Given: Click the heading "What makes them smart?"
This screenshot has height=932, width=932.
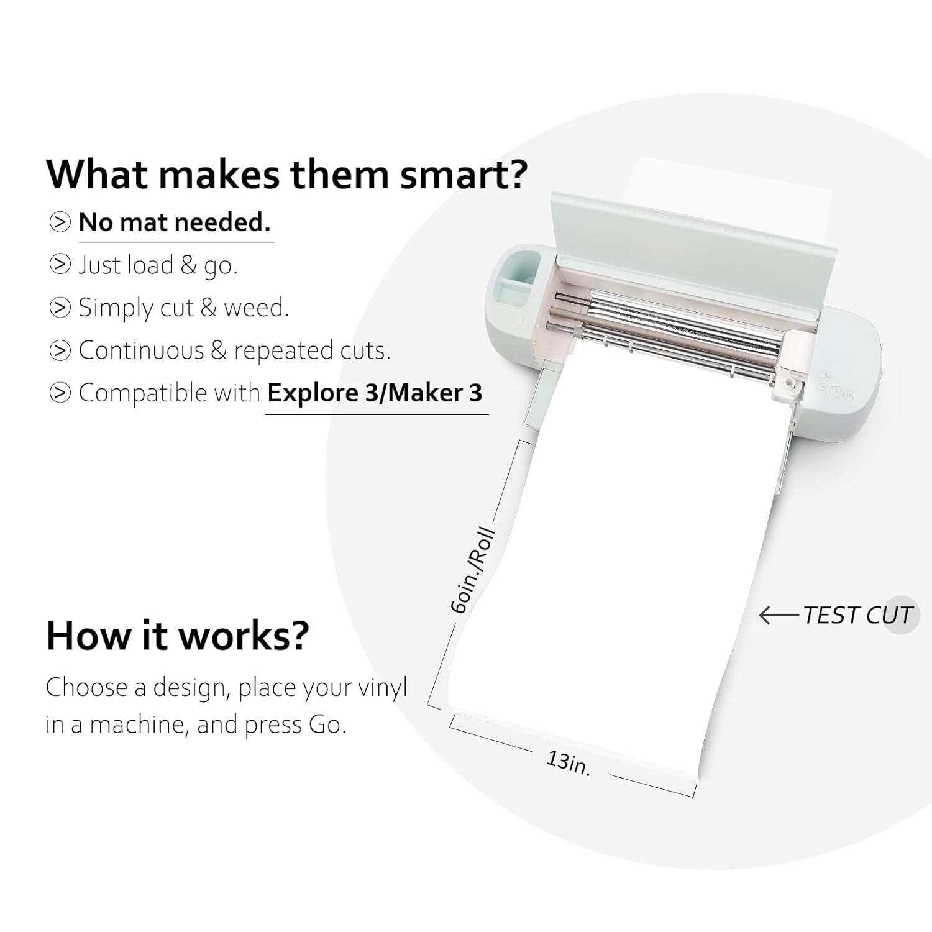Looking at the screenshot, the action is tap(287, 175).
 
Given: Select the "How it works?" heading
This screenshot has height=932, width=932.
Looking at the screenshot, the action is tap(178, 636).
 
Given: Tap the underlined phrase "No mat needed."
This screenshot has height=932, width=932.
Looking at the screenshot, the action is tap(175, 222).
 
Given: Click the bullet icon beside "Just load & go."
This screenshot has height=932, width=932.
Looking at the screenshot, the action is tap(60, 265).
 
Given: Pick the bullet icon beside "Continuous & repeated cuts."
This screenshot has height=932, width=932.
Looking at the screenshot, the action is tap(60, 350).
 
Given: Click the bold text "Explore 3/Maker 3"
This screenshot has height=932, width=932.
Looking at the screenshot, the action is tap(375, 393).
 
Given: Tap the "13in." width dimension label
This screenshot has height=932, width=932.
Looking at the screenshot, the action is tap(569, 762).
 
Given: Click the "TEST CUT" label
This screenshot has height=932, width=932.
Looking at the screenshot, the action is tap(857, 615).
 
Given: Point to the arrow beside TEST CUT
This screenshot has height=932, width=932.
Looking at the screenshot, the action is tap(780, 616).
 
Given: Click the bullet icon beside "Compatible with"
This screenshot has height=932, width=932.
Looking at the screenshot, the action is tap(60, 393).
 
